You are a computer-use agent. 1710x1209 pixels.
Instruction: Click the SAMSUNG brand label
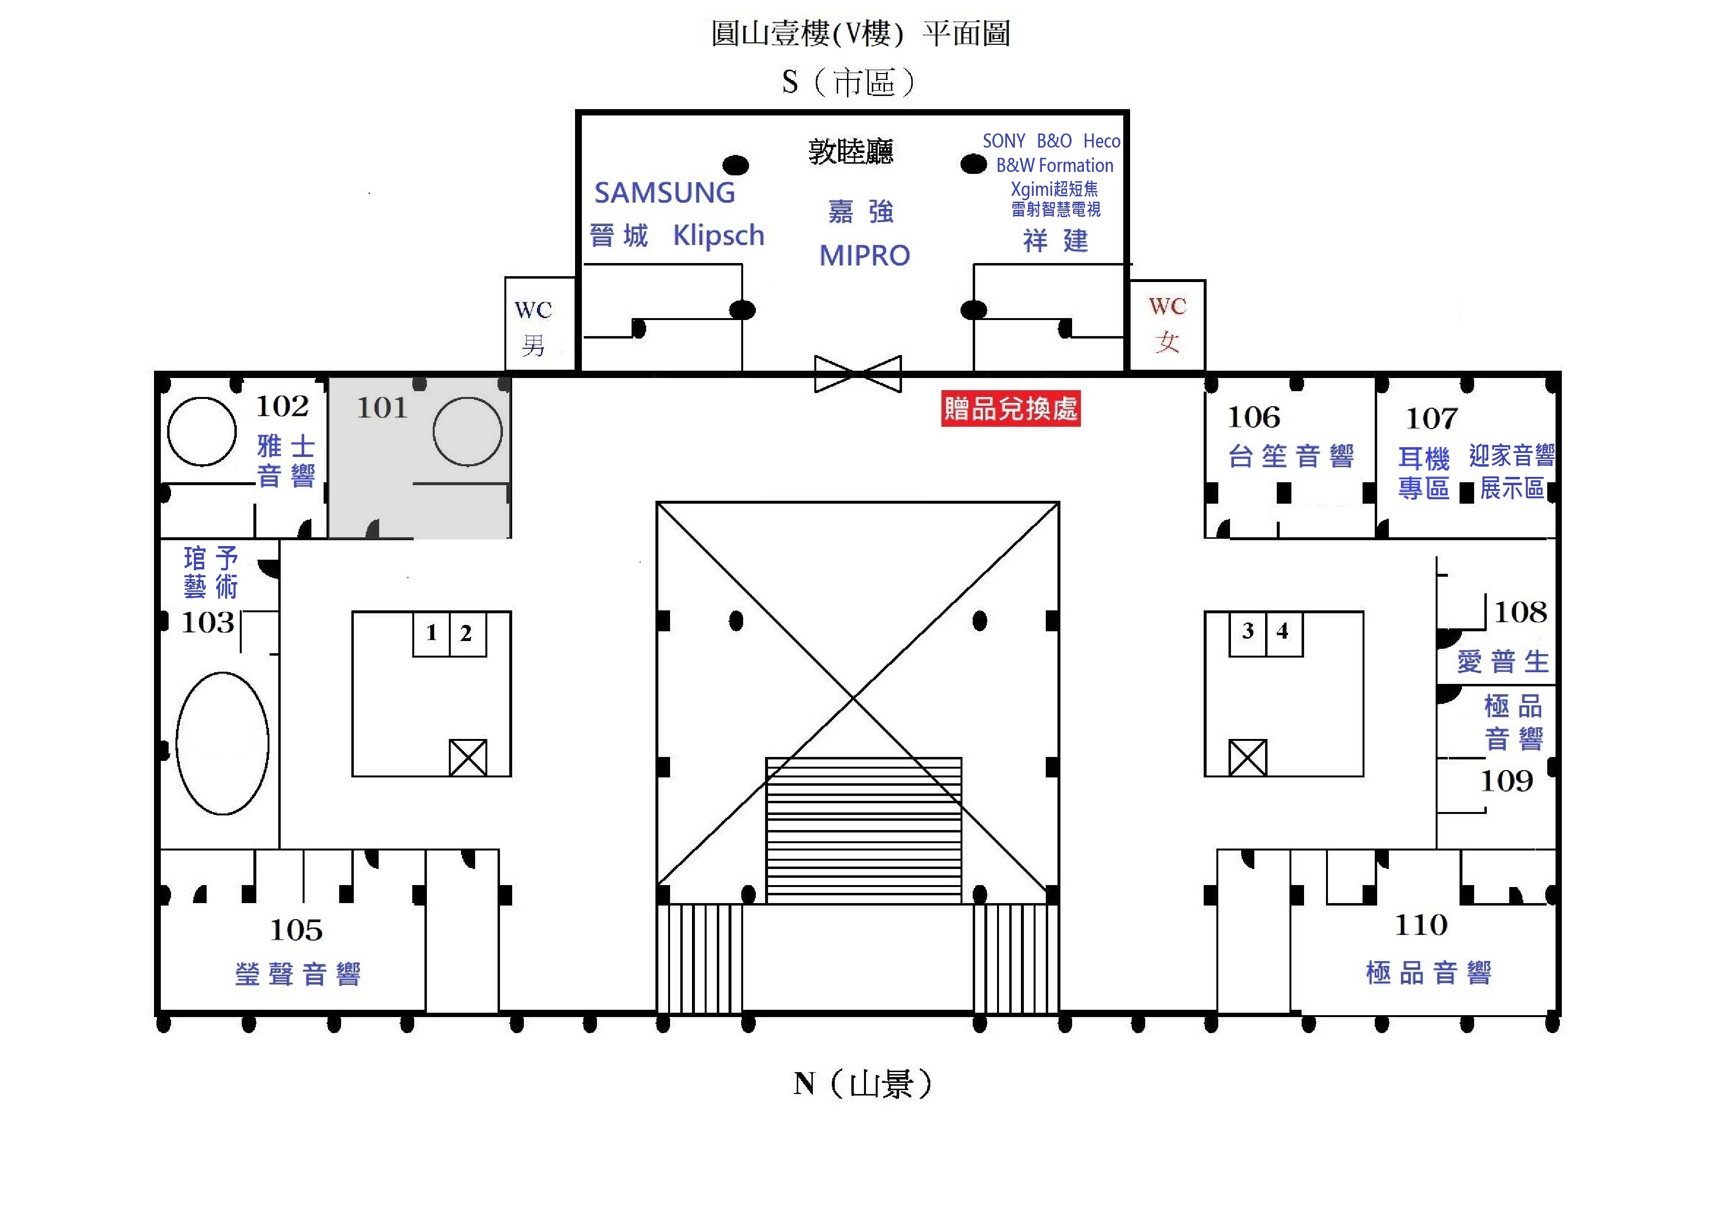click(664, 193)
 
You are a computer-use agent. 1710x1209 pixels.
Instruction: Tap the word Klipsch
click(719, 235)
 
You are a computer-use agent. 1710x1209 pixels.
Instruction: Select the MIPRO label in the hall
click(865, 255)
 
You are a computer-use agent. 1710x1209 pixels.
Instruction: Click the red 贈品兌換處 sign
click(1011, 408)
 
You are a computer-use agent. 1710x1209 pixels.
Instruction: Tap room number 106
click(1254, 417)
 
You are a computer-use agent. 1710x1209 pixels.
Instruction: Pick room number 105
click(296, 930)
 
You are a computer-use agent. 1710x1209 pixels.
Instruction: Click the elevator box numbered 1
click(431, 634)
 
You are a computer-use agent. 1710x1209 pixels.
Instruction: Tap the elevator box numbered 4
click(1284, 634)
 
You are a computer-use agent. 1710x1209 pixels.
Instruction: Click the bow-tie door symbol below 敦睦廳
click(858, 374)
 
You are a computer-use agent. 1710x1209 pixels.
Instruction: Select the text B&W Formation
click(1055, 165)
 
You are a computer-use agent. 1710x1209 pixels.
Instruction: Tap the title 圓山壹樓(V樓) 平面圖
click(860, 34)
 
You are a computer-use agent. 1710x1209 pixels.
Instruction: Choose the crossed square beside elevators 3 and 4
click(1248, 758)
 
